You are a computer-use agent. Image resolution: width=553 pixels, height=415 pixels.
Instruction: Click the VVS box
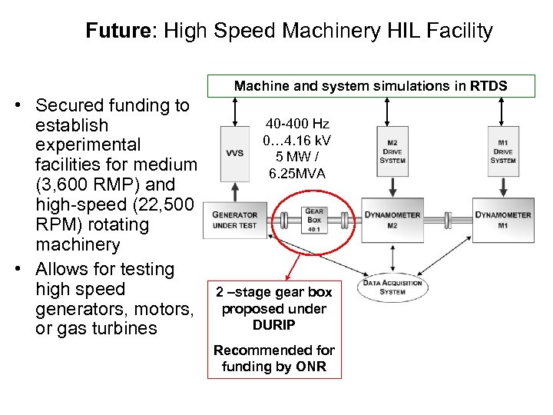point(234,153)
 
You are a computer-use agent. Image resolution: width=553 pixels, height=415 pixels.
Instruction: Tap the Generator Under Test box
point(235,220)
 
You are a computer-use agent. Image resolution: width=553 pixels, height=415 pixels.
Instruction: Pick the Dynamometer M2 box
point(392,220)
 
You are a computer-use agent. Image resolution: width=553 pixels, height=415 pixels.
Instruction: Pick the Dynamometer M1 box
point(503,220)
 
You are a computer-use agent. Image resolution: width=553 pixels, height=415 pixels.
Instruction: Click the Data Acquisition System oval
point(393,287)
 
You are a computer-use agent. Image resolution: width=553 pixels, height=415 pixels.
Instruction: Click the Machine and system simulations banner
point(371,85)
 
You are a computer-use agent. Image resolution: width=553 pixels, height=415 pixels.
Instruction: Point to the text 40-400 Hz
point(297,124)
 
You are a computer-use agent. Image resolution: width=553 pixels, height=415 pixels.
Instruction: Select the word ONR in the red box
point(312,366)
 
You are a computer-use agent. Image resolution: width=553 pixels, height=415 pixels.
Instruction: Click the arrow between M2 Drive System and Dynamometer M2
point(392,186)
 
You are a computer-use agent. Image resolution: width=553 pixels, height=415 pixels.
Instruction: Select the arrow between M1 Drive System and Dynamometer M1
point(503,186)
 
